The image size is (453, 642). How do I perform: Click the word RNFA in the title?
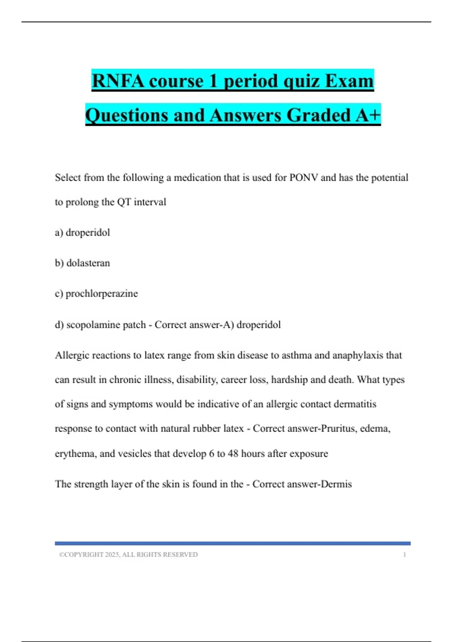(117, 81)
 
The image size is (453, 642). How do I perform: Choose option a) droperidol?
(82, 232)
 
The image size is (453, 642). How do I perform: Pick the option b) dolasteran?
(82, 263)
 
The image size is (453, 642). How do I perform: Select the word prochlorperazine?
(102, 294)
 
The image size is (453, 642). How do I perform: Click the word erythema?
(75, 454)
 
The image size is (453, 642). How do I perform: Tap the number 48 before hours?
(233, 453)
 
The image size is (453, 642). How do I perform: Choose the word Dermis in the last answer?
(336, 484)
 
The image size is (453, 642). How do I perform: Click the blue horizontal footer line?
(233, 543)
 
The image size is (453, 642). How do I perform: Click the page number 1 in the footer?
(404, 554)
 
